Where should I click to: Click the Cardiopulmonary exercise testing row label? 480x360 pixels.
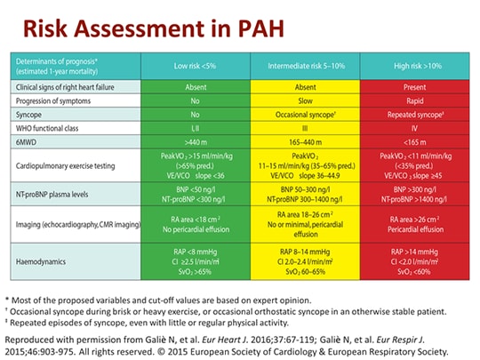point(70,164)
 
